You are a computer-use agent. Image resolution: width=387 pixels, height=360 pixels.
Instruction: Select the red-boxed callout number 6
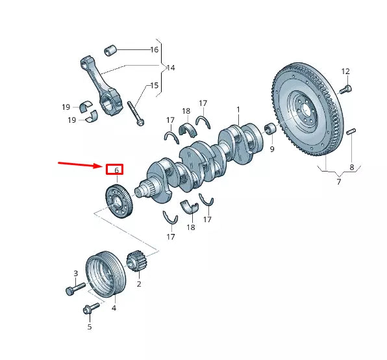[x=115, y=170]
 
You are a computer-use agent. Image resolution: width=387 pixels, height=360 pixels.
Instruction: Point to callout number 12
[x=345, y=71]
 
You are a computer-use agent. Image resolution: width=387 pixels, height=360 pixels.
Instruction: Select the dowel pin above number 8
[x=351, y=133]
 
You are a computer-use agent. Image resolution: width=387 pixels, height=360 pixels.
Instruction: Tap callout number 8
[x=352, y=168]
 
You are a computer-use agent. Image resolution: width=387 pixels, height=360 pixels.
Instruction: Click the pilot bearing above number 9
[x=271, y=131]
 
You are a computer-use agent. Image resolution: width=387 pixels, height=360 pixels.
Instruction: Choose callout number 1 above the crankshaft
[x=238, y=109]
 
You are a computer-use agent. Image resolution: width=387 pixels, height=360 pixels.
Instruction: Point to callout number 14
[x=170, y=68]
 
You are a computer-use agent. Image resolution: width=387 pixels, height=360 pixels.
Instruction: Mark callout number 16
[x=155, y=49]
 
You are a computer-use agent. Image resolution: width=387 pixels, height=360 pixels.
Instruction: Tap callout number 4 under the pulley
[x=114, y=308]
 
